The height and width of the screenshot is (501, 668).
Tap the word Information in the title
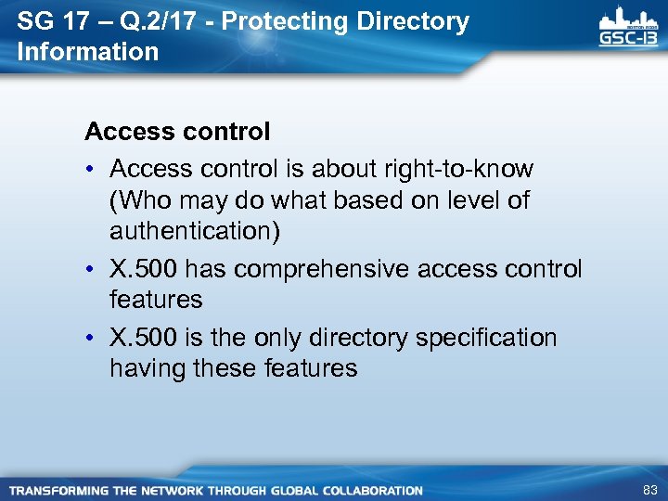coord(88,52)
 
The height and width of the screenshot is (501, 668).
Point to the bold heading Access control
coord(177,132)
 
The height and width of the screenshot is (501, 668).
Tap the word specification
coord(486,338)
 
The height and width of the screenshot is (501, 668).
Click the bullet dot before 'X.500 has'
coord(93,270)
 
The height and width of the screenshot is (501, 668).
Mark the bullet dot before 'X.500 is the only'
coord(93,339)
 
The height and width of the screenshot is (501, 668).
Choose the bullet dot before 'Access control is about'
coord(93,170)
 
